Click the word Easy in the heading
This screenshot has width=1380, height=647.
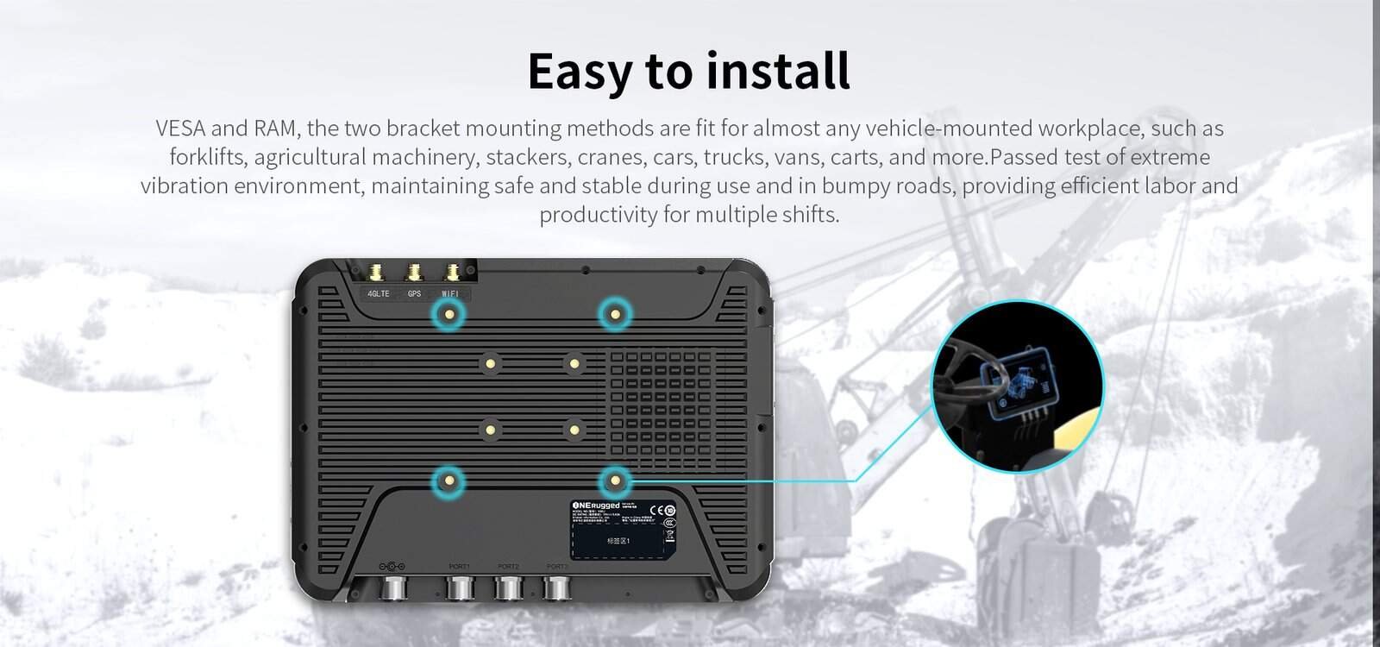tap(579, 71)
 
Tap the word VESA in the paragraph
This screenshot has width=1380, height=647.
tap(179, 129)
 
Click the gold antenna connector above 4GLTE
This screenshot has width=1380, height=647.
tap(377, 273)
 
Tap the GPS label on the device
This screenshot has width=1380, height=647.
tap(414, 293)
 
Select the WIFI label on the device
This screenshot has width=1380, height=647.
tap(450, 293)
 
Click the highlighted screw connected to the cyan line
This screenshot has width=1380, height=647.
tap(615, 481)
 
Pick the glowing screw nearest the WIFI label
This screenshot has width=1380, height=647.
tap(448, 317)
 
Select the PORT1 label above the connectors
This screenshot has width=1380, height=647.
tap(460, 566)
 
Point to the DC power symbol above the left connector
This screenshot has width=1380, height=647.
tap(392, 566)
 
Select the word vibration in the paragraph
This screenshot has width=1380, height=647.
tap(184, 185)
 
